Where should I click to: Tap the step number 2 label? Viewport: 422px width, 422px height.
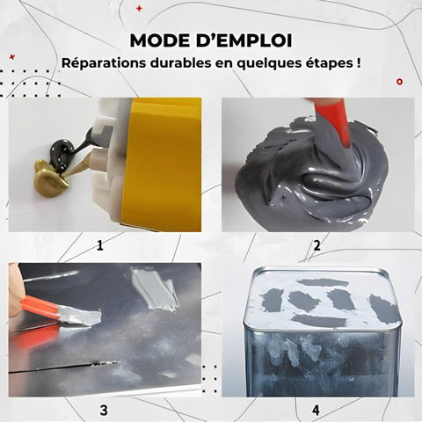[316, 245]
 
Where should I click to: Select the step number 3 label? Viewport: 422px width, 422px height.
[103, 410]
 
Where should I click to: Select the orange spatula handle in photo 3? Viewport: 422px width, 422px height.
[40, 307]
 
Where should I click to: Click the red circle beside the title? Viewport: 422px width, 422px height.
[399, 81]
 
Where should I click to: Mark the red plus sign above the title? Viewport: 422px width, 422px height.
[138, 9]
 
